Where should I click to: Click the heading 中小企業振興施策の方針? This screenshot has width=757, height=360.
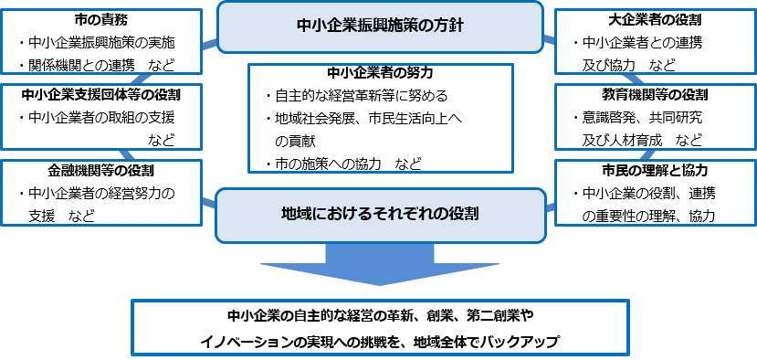click(381, 26)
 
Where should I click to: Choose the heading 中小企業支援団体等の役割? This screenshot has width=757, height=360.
click(100, 94)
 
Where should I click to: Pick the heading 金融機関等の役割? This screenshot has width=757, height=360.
click(100, 171)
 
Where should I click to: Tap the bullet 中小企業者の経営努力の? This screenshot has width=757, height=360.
click(101, 194)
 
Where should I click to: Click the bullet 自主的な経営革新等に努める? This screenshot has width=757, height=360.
click(363, 96)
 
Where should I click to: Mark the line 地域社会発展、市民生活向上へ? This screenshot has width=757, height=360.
click(363, 119)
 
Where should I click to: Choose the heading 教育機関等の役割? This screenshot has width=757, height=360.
click(657, 94)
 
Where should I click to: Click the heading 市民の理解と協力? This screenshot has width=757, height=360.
click(657, 171)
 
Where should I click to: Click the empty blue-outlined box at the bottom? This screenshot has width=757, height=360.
click(381, 327)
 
